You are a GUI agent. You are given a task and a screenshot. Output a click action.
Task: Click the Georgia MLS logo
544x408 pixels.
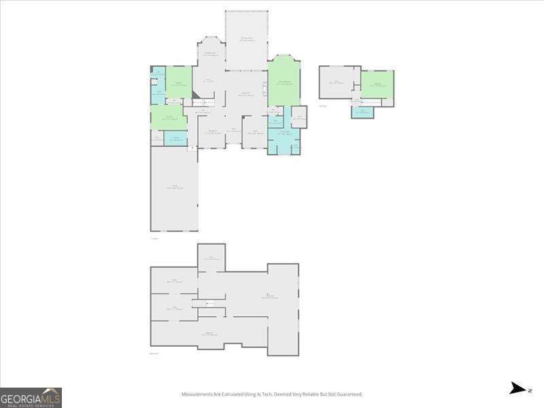point(31,397)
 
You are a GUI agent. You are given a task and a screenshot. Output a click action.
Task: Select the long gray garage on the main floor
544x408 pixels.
point(174,188)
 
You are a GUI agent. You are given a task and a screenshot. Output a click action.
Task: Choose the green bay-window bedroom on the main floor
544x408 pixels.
point(284,83)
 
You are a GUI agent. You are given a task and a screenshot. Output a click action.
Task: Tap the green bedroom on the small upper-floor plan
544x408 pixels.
point(377,84)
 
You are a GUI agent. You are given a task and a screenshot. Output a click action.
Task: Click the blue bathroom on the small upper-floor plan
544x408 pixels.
point(362,111)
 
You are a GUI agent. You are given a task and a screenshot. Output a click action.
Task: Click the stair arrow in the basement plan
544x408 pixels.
point(209,303)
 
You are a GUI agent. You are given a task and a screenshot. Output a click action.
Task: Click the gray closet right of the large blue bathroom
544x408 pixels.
point(299,117)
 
